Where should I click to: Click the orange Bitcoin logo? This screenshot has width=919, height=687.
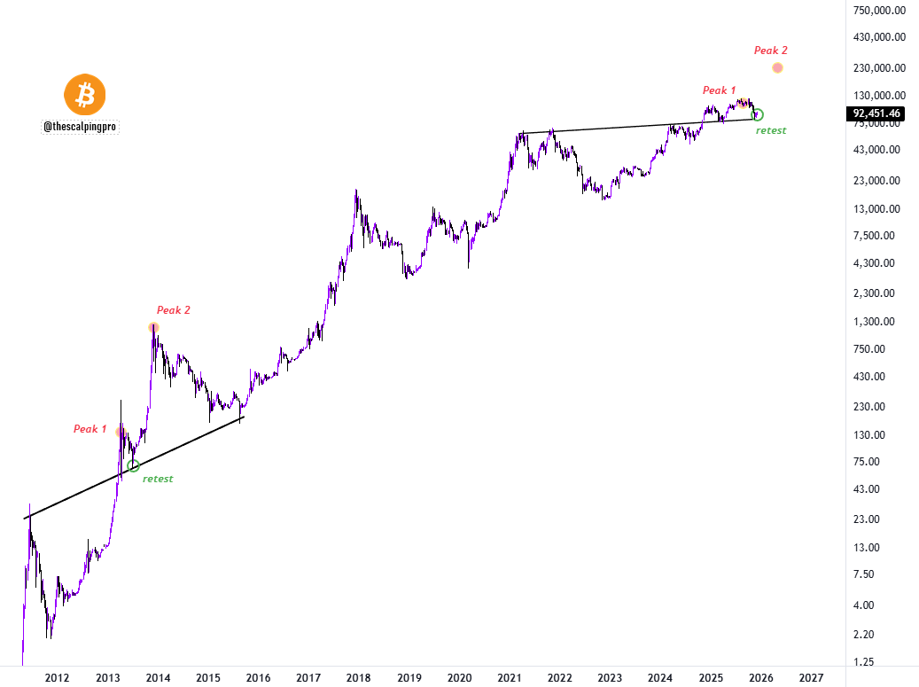point(85,95)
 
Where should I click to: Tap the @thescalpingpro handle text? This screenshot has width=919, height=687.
point(81,127)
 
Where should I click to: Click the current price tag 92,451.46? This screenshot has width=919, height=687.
point(876,113)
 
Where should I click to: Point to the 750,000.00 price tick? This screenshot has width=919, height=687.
point(877,11)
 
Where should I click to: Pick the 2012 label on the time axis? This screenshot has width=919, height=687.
point(57,678)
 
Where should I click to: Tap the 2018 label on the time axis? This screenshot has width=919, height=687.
point(358,678)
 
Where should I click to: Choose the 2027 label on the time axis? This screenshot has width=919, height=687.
point(810,678)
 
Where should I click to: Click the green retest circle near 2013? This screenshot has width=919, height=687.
point(134,466)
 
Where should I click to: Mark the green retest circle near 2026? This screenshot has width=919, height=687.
point(758,114)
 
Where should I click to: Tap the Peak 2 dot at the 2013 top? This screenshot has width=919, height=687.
point(154,328)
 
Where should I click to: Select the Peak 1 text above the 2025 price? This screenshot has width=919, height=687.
point(719,90)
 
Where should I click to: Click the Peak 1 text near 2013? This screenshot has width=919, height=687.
point(90,429)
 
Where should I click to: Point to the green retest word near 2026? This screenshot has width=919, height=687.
point(770,130)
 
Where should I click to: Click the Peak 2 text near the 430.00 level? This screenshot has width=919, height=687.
point(173,310)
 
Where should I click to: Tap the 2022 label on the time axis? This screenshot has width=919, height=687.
point(559,678)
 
